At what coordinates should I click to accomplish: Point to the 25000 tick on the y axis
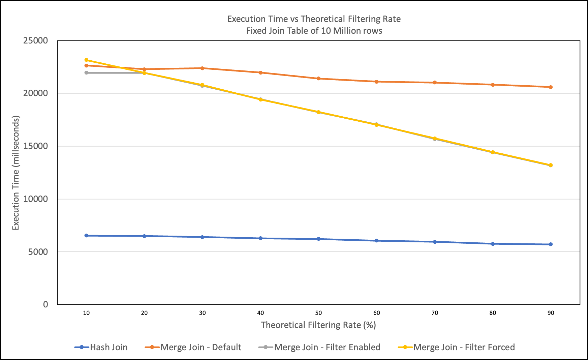coord(36,41)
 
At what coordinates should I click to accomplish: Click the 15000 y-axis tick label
coord(36,146)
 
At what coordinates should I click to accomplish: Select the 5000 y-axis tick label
coord(38,252)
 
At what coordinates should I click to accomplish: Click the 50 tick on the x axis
coord(318,313)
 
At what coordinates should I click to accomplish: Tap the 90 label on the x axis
coord(551,313)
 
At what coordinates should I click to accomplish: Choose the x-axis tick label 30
coord(202,313)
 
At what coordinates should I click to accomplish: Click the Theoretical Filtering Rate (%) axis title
coord(318,325)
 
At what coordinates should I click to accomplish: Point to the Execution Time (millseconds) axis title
coord(16,173)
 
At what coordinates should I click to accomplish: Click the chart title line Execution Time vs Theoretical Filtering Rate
coord(314,19)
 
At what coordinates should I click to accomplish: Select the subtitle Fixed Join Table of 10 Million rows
coord(314,31)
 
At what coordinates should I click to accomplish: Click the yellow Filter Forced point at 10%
coord(86,60)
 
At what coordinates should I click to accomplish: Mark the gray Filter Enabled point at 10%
coord(86,73)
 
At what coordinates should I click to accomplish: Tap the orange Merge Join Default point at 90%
coord(551,87)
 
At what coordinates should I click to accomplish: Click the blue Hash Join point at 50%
coord(318,239)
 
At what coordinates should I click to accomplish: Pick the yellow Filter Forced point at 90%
coord(551,165)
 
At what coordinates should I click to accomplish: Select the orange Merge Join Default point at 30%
coord(202,68)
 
